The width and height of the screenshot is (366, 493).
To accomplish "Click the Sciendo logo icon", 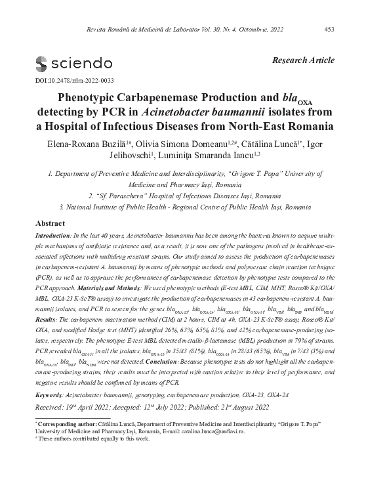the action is pyautogui.click(x=41, y=64).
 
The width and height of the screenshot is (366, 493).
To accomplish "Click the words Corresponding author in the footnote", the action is pyautogui.click(x=63, y=439).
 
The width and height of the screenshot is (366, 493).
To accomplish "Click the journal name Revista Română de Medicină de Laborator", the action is pyautogui.click(x=147, y=28).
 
